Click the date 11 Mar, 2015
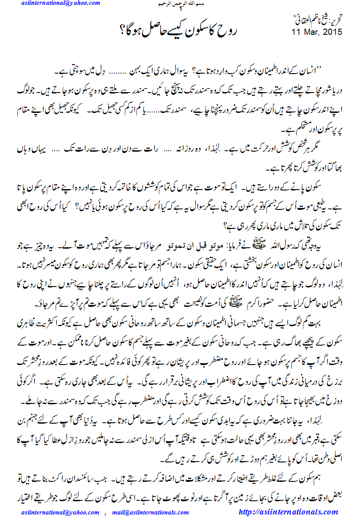pyautogui.click(x=317, y=32)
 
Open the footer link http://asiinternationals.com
pyautogui.click(x=288, y=512)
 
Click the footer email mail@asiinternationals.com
pyautogui.click(x=150, y=513)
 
